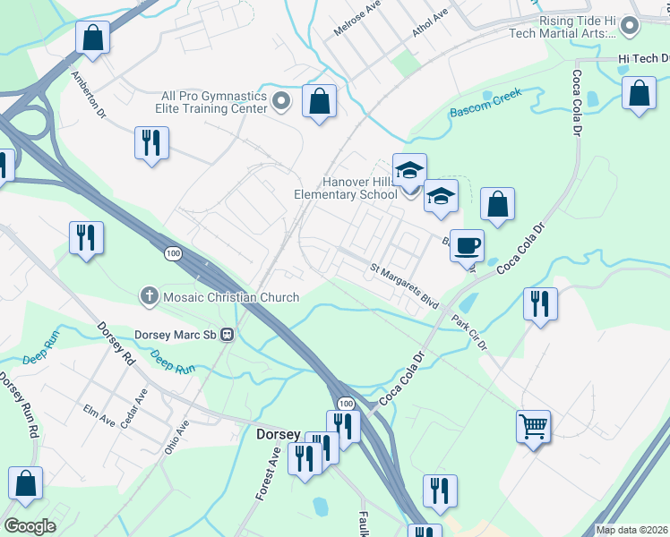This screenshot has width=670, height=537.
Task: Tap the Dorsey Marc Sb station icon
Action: click(x=227, y=335)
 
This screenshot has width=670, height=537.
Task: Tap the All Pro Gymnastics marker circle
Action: click(x=281, y=101)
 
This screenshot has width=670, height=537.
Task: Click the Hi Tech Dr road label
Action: click(x=643, y=59)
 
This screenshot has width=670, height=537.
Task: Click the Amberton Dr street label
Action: click(x=89, y=96)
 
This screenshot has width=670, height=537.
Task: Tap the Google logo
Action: click(x=30, y=526)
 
